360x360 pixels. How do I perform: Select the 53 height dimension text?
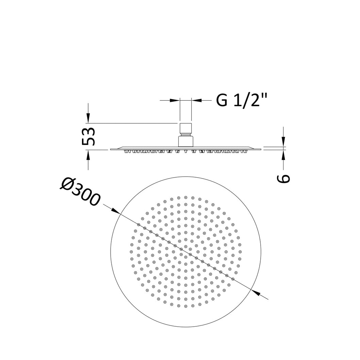click(x=88, y=136)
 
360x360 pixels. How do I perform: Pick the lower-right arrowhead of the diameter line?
click(x=256, y=292)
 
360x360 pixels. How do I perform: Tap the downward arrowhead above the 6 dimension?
click(x=283, y=142)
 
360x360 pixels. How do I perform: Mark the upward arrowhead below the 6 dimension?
click(x=283, y=155)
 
